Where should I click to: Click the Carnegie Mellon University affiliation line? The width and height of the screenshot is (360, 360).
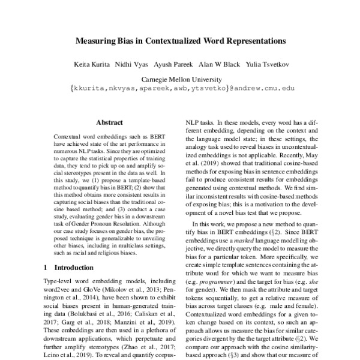pos(179,79)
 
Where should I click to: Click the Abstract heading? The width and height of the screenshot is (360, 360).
pos(109,121)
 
